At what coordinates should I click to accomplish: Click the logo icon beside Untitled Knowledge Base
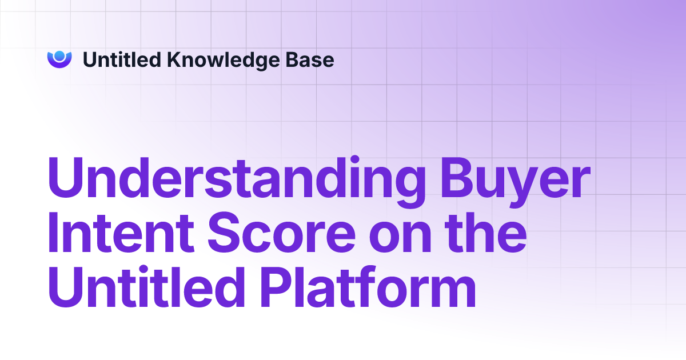[x=59, y=59]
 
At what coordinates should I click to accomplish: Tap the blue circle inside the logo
[x=59, y=56]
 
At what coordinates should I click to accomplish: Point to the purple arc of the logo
[x=59, y=65]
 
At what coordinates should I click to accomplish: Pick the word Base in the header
[x=313, y=59]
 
